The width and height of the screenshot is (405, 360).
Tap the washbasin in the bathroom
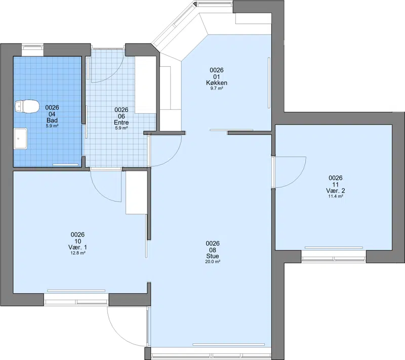point(21,138)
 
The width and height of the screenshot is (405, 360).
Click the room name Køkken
point(217,83)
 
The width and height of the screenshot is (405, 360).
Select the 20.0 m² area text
point(213,262)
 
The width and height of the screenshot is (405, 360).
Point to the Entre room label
point(121,123)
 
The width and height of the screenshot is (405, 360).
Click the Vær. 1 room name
point(77,248)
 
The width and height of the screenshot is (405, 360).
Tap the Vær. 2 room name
point(336,190)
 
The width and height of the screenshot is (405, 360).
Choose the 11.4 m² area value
point(336,196)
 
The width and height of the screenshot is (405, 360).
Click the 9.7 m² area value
point(217,88)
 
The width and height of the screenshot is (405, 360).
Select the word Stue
point(213,256)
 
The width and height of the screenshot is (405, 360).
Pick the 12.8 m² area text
point(78,253)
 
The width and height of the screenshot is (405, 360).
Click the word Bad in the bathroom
point(52,120)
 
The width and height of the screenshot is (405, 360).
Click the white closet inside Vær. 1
point(136,192)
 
